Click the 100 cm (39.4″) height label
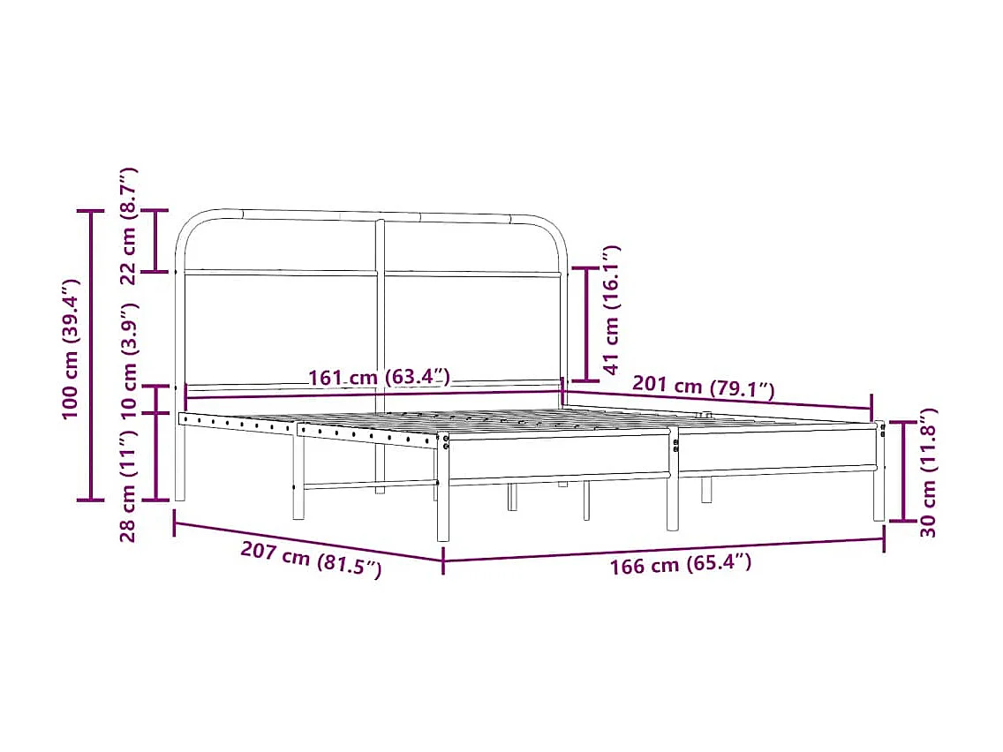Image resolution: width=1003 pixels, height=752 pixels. [x=71, y=349]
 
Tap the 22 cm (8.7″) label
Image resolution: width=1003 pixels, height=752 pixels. [x=129, y=225]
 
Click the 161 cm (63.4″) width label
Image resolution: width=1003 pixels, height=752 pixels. [x=380, y=379]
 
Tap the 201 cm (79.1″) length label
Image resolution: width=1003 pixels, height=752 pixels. [x=703, y=387]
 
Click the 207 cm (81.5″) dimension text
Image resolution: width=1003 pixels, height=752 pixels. [x=311, y=560]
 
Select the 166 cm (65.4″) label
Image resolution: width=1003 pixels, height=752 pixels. [x=681, y=564]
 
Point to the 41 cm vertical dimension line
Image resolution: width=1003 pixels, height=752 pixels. [x=586, y=323]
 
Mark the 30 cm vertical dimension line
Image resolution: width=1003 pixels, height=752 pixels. [x=903, y=471]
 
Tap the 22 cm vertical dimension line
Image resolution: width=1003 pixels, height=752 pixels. [x=156, y=240]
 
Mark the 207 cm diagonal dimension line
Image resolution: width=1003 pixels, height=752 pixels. [x=309, y=541]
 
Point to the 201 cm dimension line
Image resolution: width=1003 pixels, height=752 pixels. [x=717, y=400]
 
